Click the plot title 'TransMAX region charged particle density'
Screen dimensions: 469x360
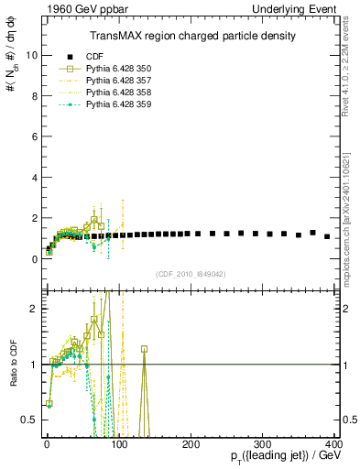tap(192, 36)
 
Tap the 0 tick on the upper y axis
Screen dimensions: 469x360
tap(33, 259)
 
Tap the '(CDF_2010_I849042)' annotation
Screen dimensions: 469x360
tap(192, 273)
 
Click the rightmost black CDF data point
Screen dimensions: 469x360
tap(327, 236)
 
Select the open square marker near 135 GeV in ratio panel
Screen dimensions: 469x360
tap(144, 349)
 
